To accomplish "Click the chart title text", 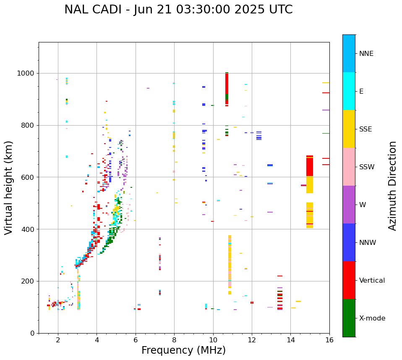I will click(178, 10).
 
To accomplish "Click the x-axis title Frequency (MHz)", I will click(183, 350).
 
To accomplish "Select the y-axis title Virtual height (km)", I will click(9, 188).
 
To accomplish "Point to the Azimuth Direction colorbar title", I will click(392, 186).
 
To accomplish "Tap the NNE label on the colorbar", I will click(366, 54).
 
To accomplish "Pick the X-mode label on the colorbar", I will click(372, 318).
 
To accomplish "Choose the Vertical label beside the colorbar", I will click(372, 281).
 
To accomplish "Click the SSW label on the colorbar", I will click(367, 167).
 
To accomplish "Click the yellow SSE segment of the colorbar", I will click(349, 129).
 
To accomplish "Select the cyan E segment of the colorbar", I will click(349, 91).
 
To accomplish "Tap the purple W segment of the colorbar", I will click(349, 204).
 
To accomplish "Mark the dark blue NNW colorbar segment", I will click(349, 242).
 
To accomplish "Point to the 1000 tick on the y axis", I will click(27, 74).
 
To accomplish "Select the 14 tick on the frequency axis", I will click(291, 340).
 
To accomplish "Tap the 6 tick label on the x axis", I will click(136, 340).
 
